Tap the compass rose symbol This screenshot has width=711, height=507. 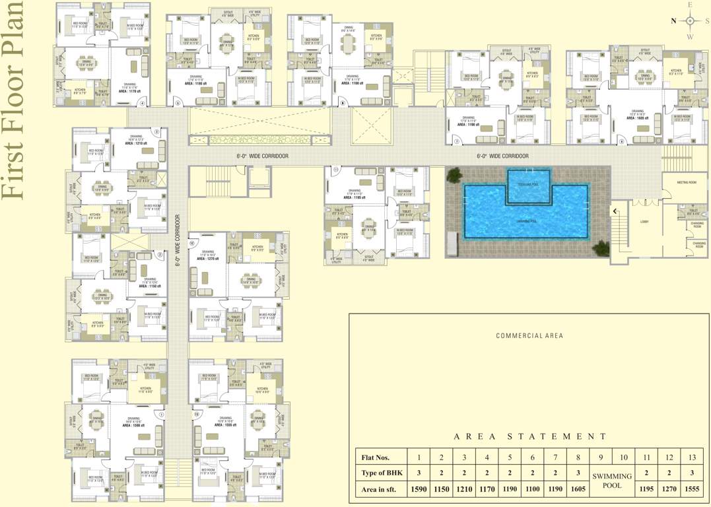tap(690, 20)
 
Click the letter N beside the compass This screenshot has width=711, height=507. tap(673, 20)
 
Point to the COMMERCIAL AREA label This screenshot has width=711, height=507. tap(529, 335)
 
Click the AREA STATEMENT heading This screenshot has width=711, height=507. tap(530, 436)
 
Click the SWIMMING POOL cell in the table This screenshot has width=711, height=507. tap(611, 481)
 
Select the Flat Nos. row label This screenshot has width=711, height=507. tap(375, 456)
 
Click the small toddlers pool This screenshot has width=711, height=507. tap(527, 186)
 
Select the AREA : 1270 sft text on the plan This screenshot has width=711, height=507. tap(207, 259)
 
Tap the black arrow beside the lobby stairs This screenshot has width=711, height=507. tap(615, 211)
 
